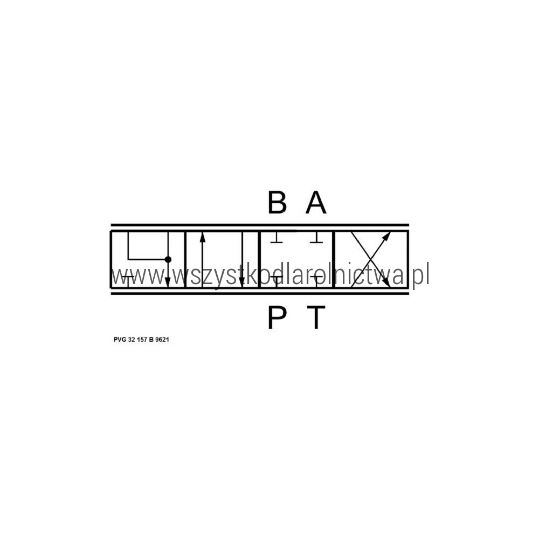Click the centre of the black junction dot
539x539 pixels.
pyautogui.click(x=168, y=259)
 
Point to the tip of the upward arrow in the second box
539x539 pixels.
pyautogui.click(x=202, y=232)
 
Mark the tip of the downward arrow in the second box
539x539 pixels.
pyautogui.click(x=241, y=287)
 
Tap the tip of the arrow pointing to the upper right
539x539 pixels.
pyautogui.click(x=390, y=232)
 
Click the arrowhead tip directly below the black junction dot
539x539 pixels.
pyautogui.click(x=168, y=287)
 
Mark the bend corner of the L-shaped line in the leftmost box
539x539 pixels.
pyautogui.click(x=128, y=259)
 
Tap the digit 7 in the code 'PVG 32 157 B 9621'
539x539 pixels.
pyautogui.click(x=146, y=340)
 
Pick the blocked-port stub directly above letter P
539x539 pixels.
pyautogui.click(x=277, y=281)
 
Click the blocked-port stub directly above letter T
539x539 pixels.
pyautogui.click(x=316, y=281)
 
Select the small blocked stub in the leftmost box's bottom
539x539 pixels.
pyautogui.click(x=128, y=281)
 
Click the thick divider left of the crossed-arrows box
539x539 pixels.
pyautogui.click(x=334, y=259)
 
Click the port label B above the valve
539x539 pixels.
pyautogui.click(x=277, y=202)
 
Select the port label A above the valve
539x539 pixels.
pyautogui.click(x=316, y=202)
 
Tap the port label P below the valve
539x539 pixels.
pyautogui.click(x=277, y=317)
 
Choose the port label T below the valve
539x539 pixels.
pyautogui.click(x=316, y=317)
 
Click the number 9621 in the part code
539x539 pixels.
pyautogui.click(x=162, y=340)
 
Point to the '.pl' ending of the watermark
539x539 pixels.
pyautogui.click(x=420, y=274)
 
